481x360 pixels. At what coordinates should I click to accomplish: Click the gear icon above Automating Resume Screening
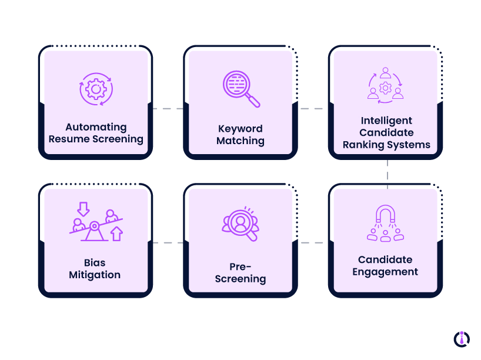click(95, 89)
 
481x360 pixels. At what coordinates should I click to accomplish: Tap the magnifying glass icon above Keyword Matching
click(240, 89)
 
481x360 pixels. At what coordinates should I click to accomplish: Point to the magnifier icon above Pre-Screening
click(240, 224)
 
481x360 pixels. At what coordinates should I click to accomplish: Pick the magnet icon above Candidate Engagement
click(385, 223)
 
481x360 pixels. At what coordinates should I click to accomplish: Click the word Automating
click(96, 127)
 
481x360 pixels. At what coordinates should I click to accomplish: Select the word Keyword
click(240, 129)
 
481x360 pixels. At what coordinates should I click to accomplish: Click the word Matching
click(240, 141)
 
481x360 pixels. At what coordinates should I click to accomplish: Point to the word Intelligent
click(386, 121)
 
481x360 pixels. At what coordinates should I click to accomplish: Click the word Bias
click(95, 262)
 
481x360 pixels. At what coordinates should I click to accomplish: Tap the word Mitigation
click(95, 275)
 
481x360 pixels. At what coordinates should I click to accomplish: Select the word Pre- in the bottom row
click(240, 266)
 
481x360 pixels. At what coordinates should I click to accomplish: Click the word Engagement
click(385, 272)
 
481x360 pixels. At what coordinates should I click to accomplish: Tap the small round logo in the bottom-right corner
click(462, 338)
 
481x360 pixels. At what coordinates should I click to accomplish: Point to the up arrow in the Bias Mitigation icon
click(116, 234)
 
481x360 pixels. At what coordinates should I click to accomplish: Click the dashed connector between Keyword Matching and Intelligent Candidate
click(310, 109)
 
